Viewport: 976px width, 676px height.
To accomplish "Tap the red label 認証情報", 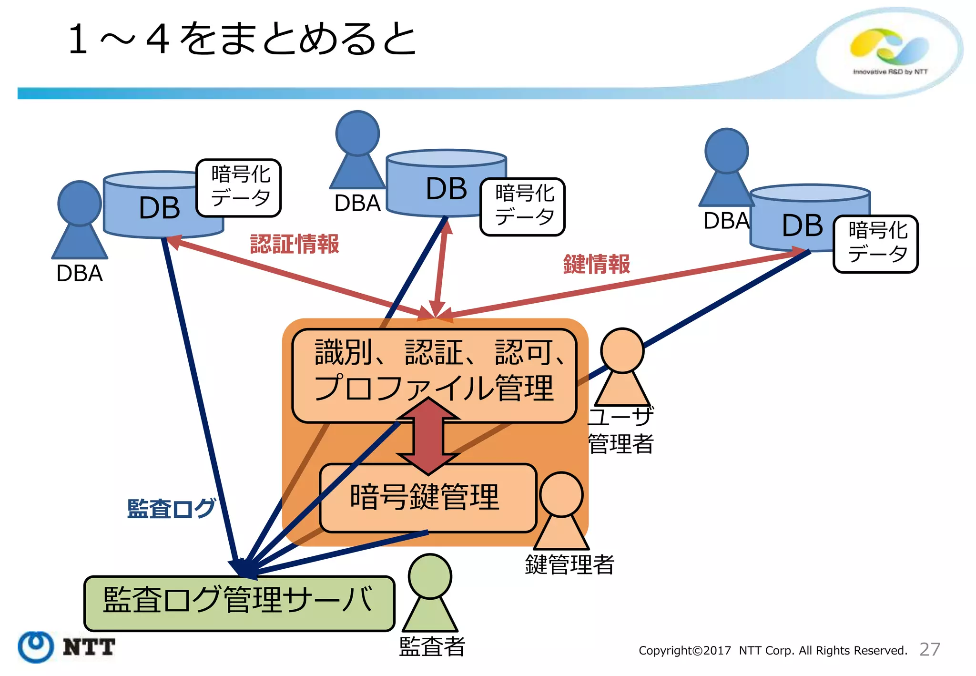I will coord(294,244).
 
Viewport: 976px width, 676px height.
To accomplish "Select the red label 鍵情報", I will coord(596,264).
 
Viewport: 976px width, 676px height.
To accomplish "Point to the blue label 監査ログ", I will coord(171,509).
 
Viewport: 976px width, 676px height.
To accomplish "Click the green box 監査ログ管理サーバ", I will coord(239,603).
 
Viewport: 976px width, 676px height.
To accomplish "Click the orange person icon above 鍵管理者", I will coord(561,510).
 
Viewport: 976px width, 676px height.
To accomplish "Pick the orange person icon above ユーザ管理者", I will coord(622,365).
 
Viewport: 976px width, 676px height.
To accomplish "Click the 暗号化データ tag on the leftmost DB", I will coord(239,187).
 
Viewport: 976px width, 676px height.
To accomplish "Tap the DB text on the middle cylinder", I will coord(446,189).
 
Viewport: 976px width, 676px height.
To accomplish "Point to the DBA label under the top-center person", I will coord(357,203).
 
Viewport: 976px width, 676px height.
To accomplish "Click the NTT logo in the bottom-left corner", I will coord(67,646).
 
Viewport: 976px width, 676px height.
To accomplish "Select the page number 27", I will coord(929,649).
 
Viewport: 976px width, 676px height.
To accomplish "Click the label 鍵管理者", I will coord(569,564).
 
